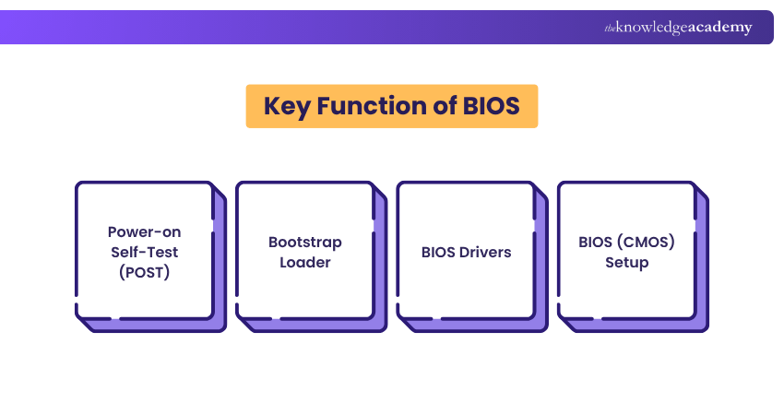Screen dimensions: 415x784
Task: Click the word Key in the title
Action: [286, 106]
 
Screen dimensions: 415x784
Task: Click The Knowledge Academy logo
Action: [678, 28]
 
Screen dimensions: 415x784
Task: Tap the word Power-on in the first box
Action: [145, 231]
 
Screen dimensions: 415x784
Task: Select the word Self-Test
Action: [145, 252]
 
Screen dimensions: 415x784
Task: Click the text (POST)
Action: [145, 272]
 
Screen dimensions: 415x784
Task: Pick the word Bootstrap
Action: [305, 242]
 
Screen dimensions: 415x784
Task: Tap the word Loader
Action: [305, 262]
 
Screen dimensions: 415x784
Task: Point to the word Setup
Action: [627, 262]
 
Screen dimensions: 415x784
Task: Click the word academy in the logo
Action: [719, 28]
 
